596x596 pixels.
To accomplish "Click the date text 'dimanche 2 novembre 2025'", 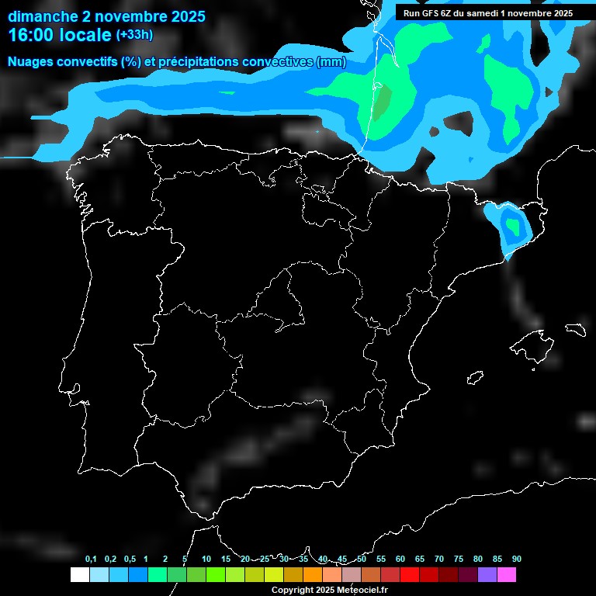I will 106,16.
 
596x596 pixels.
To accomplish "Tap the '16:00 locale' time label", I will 60,35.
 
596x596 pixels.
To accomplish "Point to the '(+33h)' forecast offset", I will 134,34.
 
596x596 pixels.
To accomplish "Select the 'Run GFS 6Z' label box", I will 488,13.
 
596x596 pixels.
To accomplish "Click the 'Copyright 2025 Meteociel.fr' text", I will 329,590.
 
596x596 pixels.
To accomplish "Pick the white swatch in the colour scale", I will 79,575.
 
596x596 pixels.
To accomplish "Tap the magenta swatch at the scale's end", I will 507,575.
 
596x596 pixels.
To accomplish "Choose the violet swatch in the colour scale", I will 487,575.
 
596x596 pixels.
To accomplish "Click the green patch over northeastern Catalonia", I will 512,226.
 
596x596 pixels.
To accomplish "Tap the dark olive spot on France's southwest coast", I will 383,100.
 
